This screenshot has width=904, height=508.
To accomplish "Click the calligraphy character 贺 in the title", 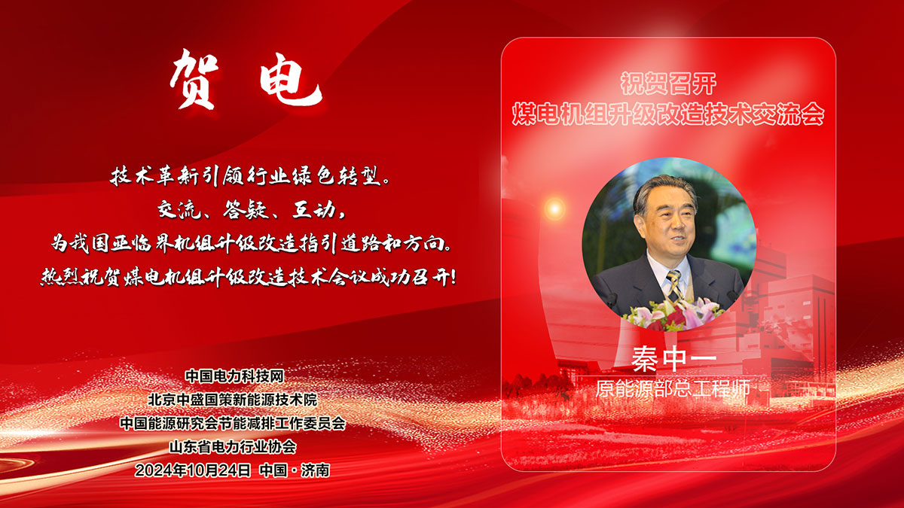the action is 195,80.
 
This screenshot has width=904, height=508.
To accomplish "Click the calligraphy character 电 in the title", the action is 290,84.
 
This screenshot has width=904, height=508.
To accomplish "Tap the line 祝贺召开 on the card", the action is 668,84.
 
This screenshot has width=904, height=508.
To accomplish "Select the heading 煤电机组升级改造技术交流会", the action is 668,114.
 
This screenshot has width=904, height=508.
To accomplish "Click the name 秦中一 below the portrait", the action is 673,358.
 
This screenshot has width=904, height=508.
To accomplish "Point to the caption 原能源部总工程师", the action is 673,388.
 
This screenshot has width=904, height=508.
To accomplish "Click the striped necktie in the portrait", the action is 674,285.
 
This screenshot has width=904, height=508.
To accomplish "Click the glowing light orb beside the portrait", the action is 555,208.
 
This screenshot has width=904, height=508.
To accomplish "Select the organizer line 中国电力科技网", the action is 234,376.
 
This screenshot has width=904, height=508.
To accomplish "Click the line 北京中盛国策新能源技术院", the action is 233,400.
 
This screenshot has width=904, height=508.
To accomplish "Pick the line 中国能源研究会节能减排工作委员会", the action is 233,423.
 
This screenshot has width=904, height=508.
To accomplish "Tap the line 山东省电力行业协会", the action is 233,446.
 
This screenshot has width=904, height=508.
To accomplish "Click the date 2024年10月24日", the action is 193,470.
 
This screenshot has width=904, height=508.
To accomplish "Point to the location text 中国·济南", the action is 295,470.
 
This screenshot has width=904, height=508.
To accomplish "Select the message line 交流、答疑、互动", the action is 251,210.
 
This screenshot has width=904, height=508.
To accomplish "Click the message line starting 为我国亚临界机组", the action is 251,243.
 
